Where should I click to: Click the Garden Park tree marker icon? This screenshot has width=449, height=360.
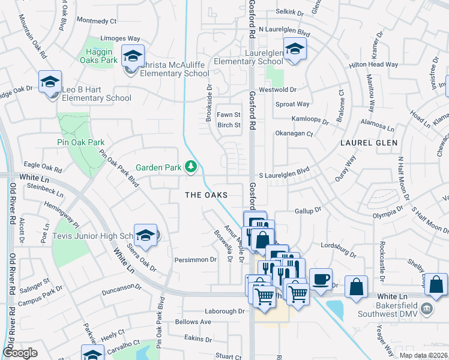pos(191,166)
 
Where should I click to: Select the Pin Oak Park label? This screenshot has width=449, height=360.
pos(81,142)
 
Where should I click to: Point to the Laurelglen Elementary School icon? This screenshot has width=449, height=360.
pos(295,50)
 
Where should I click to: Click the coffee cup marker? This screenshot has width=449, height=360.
pos(321,278)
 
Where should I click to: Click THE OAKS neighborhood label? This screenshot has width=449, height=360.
pos(206,195)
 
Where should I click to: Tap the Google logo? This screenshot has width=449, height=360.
pos(20,353)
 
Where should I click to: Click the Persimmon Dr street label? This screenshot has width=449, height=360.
pos(195,260)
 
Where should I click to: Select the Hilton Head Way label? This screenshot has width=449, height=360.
pos(374,64)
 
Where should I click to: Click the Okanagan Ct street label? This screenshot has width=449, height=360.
pos(294,134)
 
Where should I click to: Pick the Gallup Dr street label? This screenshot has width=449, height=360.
pos(309,211)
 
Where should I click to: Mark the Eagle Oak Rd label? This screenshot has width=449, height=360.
pos(42,164)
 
